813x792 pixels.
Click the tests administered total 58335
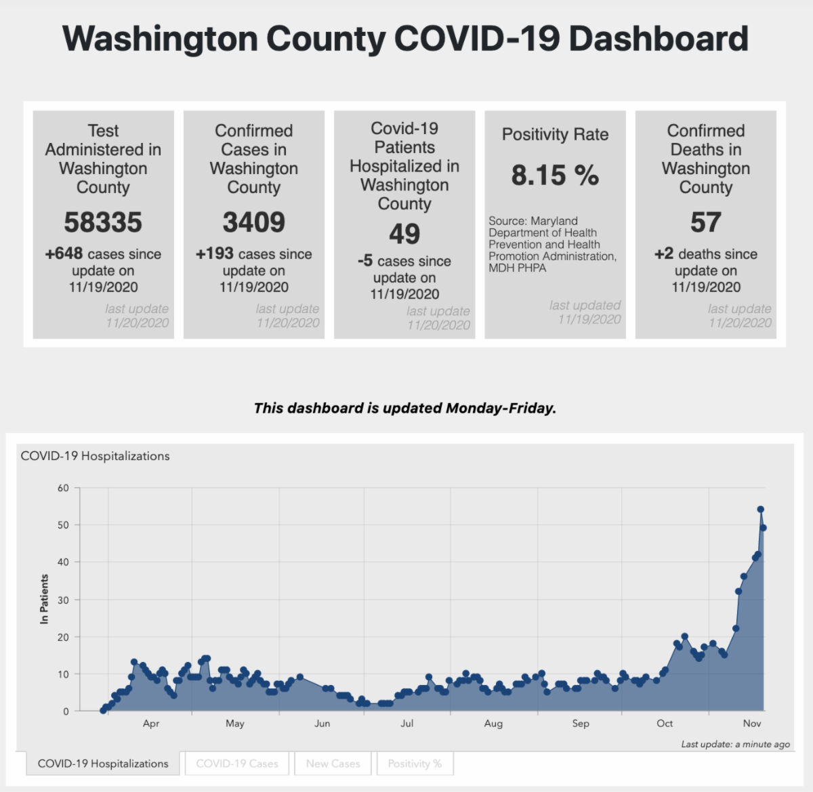tap(103, 222)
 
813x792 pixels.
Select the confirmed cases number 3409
tap(254, 222)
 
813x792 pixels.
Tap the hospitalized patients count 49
tap(404, 234)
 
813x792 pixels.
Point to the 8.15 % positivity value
tap(555, 175)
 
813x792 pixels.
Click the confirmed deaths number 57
tap(706, 222)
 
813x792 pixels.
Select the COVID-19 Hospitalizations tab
tap(103, 764)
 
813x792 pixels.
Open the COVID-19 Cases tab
tap(237, 764)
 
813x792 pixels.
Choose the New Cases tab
tap(333, 764)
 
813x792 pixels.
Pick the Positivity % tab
tap(415, 764)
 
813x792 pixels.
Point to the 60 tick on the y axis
tap(63, 488)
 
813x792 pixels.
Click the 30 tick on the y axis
tap(63, 600)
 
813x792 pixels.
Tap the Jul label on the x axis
tap(406, 724)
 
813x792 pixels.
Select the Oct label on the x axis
tap(665, 724)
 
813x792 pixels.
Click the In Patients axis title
tap(45, 599)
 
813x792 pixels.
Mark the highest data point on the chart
tap(760, 509)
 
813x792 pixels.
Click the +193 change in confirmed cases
tap(211, 254)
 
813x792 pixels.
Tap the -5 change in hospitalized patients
tap(365, 261)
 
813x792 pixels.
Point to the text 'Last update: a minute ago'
tap(735, 744)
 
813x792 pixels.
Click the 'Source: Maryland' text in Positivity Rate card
tap(533, 221)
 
